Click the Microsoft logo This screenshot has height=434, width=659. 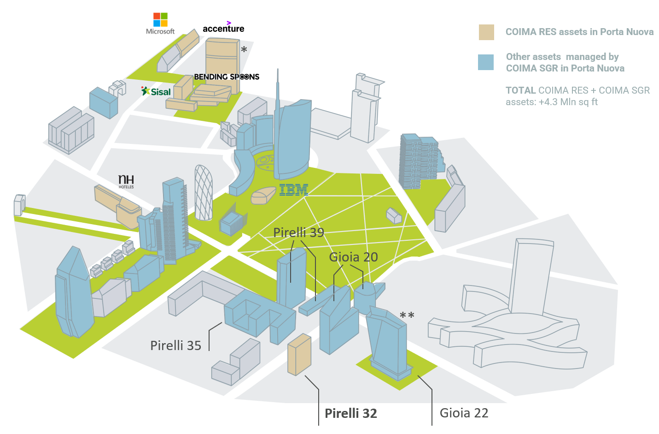[160, 24]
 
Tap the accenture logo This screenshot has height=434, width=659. [224, 27]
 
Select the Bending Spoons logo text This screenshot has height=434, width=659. [227, 77]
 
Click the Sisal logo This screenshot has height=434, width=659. [156, 91]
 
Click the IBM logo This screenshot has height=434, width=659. [294, 190]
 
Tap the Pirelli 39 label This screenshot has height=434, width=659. [298, 232]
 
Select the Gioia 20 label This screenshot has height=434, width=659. [353, 257]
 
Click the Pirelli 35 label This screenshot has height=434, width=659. [175, 345]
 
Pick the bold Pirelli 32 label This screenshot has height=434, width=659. [350, 413]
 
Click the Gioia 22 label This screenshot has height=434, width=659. [464, 413]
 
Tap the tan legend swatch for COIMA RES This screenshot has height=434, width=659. [486, 32]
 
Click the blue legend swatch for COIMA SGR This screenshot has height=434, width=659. [486, 62]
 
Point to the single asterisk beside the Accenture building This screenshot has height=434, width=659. [244, 49]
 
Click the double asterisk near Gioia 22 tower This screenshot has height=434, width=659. [407, 315]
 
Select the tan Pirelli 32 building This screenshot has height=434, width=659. [299, 355]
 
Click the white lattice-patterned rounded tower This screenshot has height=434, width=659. [204, 193]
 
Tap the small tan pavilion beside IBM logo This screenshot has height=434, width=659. [263, 196]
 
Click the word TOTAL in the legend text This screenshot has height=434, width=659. [520, 90]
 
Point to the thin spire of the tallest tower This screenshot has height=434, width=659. [277, 89]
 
